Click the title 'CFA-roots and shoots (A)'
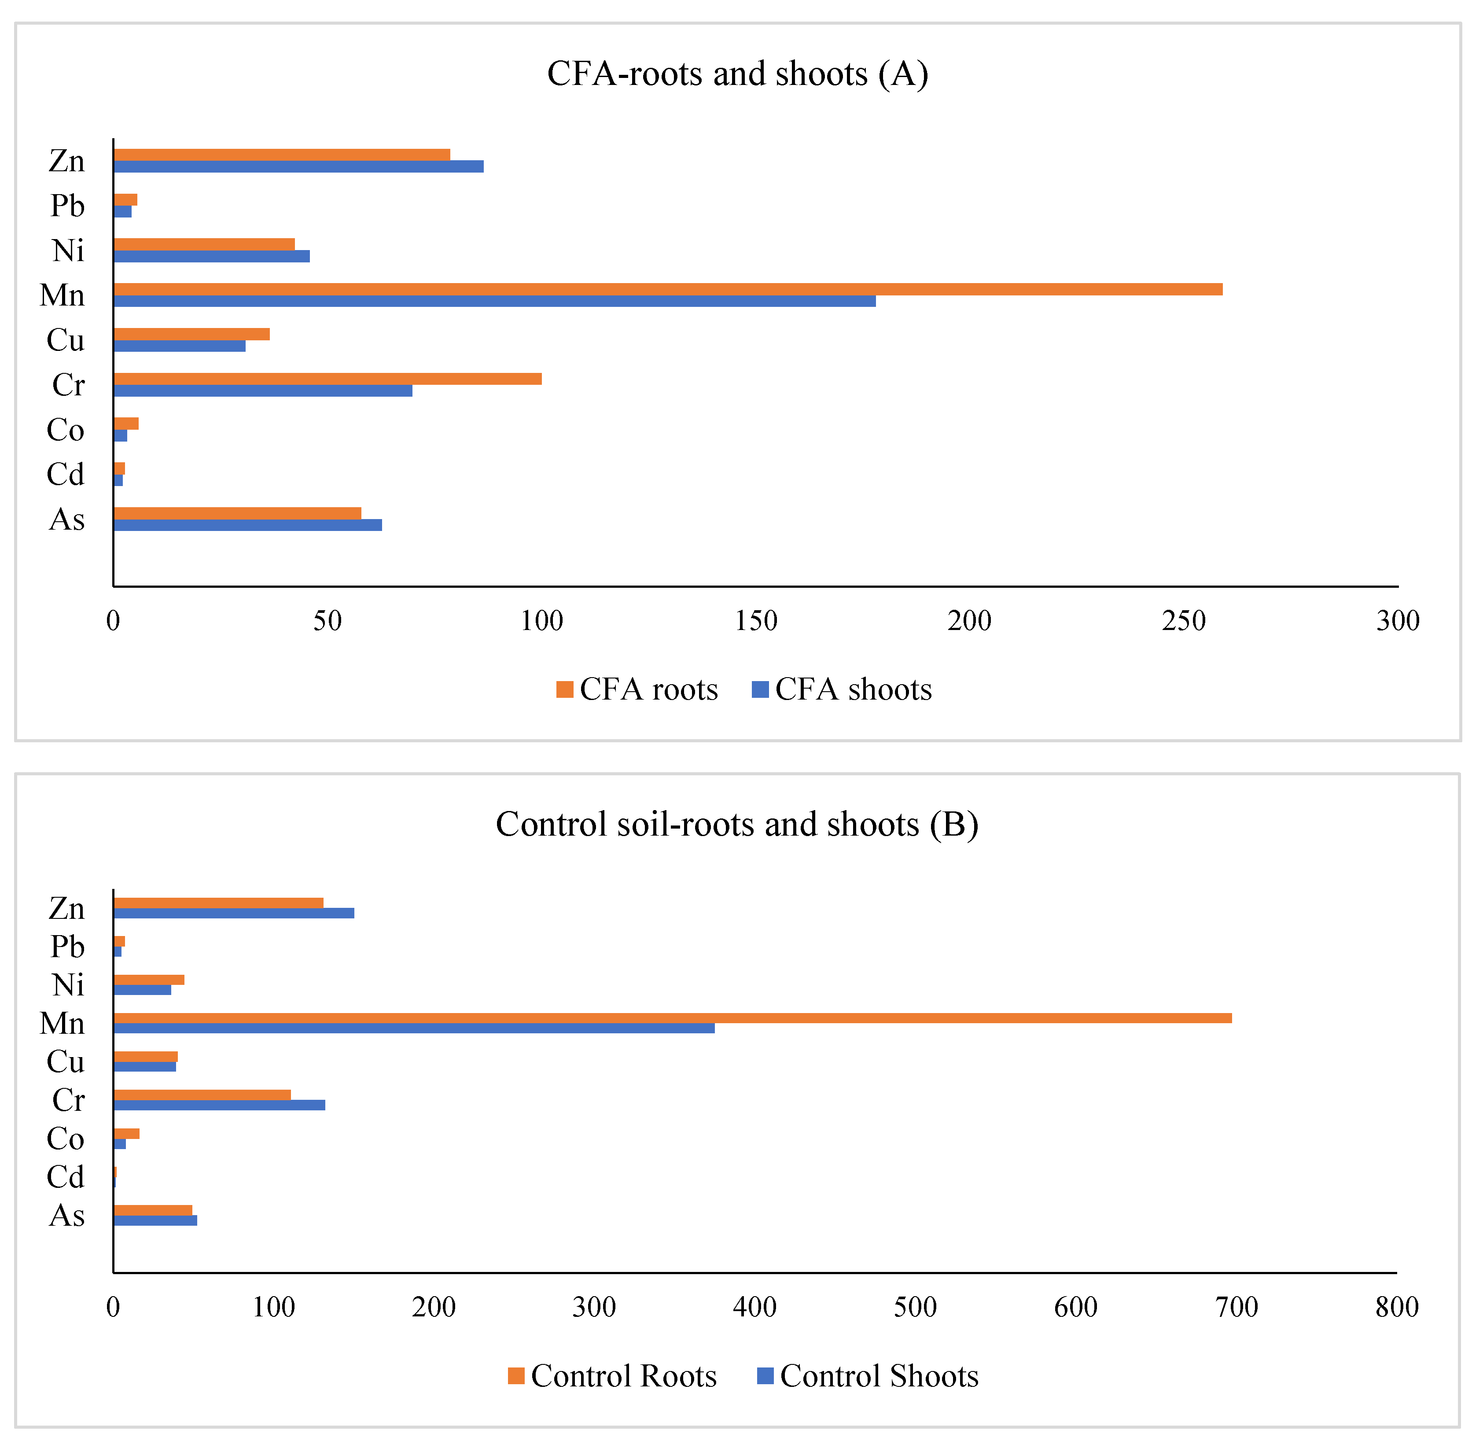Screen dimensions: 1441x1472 pyautogui.click(x=737, y=74)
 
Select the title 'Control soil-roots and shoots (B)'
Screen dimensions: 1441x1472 pyautogui.click(x=737, y=824)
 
